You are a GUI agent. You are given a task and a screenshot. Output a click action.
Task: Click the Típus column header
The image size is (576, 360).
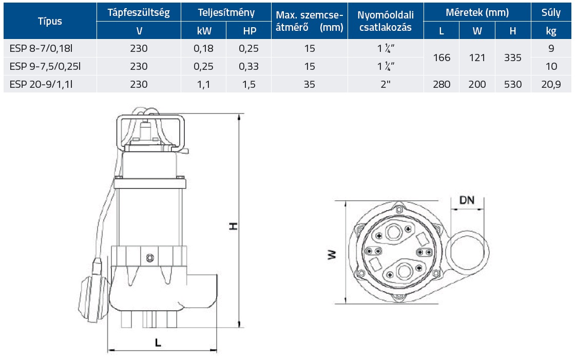click(50, 21)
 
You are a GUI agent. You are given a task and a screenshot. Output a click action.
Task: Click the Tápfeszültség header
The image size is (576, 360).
click(139, 12)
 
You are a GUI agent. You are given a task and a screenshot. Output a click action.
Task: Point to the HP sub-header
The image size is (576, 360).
click(249, 31)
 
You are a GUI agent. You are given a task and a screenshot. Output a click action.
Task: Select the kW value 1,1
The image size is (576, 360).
click(204, 84)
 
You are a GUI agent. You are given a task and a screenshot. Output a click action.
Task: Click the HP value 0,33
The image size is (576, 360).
click(249, 66)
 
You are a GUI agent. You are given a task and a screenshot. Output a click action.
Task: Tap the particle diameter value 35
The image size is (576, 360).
click(309, 84)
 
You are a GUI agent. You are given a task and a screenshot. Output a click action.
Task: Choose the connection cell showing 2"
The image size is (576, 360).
click(386, 84)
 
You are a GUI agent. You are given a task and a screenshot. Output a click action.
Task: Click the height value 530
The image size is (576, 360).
click(512, 84)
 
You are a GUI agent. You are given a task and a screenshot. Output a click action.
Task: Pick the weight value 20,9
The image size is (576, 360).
click(551, 84)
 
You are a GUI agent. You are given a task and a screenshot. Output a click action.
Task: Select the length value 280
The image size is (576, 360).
click(441, 84)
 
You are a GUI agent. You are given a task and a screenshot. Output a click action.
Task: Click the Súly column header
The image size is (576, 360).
click(551, 12)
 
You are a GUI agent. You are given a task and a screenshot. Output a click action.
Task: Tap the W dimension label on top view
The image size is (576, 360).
click(332, 254)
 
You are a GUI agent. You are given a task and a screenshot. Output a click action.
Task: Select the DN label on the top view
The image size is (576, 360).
click(466, 200)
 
